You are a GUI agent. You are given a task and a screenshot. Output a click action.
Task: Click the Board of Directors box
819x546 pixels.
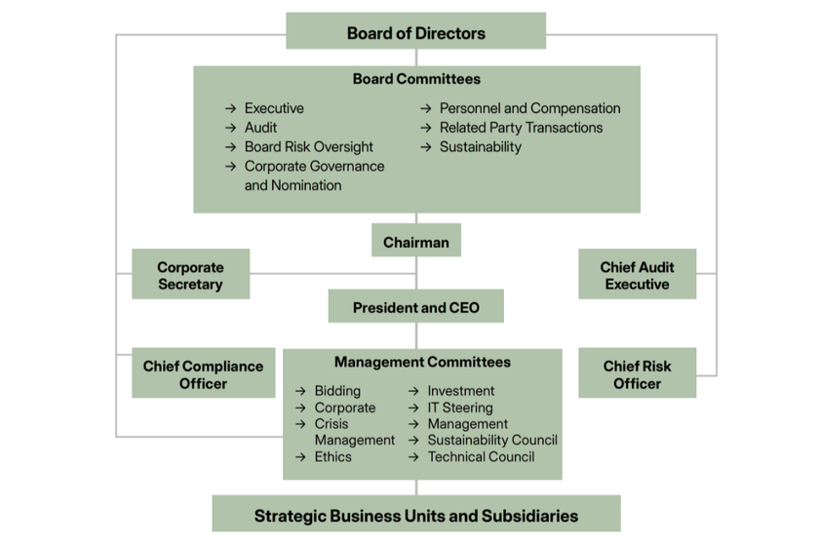point(415,32)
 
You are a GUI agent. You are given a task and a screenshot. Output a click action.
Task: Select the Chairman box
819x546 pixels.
point(416,242)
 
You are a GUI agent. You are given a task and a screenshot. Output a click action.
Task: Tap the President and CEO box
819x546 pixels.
point(416,307)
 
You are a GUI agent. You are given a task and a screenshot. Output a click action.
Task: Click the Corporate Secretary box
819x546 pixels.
point(190,275)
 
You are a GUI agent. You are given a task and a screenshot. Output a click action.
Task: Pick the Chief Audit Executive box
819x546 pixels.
point(637,275)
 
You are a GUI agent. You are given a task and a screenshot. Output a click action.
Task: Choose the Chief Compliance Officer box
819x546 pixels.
point(203,374)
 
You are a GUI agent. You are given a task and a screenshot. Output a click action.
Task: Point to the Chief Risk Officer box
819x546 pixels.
point(637,374)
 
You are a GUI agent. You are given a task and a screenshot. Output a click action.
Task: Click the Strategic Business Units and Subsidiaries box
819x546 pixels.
point(416,515)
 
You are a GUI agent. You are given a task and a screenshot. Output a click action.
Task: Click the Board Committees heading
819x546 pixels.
point(416,79)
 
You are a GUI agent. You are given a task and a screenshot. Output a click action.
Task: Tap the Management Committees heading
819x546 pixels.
point(422,362)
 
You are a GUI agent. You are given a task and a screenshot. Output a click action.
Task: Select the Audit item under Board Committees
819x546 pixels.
point(260,128)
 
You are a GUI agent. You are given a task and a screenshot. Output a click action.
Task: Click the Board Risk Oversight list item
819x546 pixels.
point(308,147)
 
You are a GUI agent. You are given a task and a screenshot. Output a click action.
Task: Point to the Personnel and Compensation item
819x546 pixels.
point(529,108)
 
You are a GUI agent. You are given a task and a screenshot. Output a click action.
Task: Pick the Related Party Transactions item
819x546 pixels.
point(521,128)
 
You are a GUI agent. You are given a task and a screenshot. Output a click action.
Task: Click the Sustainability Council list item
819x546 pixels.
point(491,440)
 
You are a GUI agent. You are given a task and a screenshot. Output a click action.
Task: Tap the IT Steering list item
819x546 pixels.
point(460,408)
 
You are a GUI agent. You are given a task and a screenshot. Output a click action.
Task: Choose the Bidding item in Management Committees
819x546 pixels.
point(337,391)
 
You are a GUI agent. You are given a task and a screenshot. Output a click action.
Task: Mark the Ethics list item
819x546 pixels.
point(332,456)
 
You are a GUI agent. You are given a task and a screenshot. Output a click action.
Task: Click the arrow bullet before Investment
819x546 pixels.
point(414,391)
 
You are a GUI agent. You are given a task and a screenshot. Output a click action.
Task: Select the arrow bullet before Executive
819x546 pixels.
point(231,108)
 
